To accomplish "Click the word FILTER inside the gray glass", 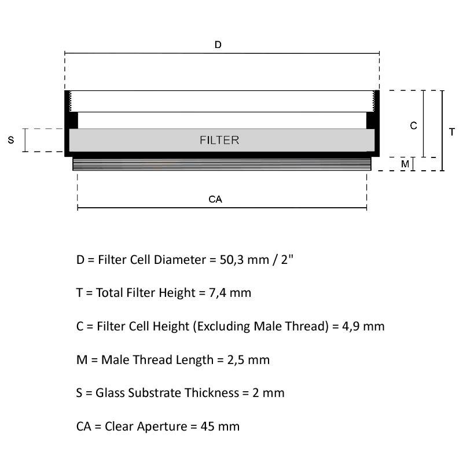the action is point(219,140).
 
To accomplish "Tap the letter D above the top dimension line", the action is point(218,45).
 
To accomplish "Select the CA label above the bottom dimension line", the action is point(215,199).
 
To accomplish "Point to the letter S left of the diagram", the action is point(11,140).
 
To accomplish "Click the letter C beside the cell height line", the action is point(413,126).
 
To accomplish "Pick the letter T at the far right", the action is point(452,132).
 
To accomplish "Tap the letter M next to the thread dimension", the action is point(405,164).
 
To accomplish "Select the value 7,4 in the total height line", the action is point(218,293).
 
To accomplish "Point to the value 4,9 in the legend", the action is point(351,326).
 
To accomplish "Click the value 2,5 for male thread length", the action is point(236,360).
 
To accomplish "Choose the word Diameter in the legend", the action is point(180,260).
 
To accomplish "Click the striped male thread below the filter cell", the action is point(222,164).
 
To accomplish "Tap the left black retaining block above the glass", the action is point(74,120).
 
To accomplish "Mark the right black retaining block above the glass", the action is point(370,120).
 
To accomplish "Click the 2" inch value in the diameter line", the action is point(287,260).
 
